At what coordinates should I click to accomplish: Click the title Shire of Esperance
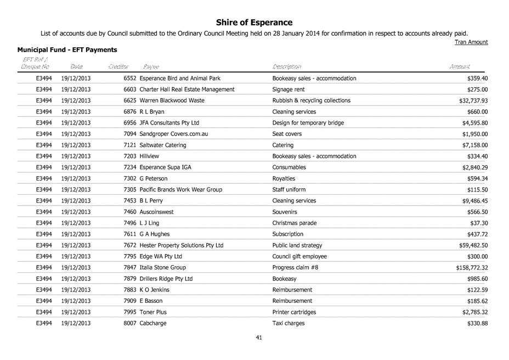pyautogui.click(x=254, y=22)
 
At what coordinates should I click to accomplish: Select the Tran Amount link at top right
pyautogui.click(x=472, y=42)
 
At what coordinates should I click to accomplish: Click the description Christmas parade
pyautogui.click(x=294, y=223)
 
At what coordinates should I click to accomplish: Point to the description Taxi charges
pyautogui.click(x=289, y=323)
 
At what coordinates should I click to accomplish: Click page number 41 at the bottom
pyautogui.click(x=259, y=337)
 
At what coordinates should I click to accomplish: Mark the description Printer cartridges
pyautogui.click(x=294, y=312)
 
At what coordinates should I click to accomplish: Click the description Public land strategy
pyautogui.click(x=297, y=245)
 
